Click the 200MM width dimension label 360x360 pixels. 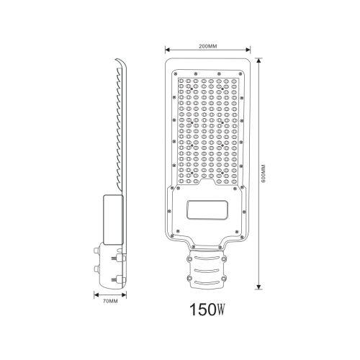point(207,46)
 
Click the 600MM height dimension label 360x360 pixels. point(263,174)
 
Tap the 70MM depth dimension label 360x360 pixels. point(110,301)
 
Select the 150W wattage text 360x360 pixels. point(207,310)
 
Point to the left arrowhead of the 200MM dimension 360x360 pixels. point(167,50)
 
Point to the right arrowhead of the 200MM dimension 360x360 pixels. point(248,50)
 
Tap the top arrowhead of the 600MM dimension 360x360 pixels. point(258,60)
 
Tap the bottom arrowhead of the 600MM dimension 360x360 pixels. point(258,287)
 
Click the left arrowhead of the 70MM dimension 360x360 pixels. point(96,294)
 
